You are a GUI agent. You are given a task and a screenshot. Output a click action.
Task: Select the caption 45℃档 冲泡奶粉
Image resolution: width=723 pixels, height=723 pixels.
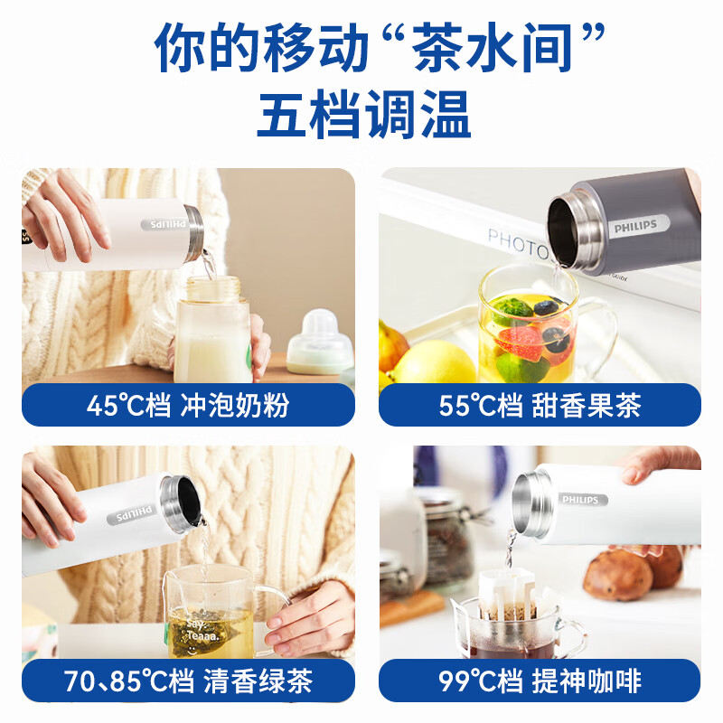tap(188, 406)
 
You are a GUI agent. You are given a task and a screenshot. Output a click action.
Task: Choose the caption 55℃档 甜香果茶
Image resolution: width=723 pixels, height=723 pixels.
tap(540, 406)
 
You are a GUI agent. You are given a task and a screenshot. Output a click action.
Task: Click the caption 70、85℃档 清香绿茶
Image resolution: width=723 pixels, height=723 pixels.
tap(188, 681)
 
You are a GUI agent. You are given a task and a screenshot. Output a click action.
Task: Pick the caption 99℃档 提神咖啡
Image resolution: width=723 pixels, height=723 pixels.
tap(540, 681)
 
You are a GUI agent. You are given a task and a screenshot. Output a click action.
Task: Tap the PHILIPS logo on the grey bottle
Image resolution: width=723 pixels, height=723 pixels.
tap(632, 224)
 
